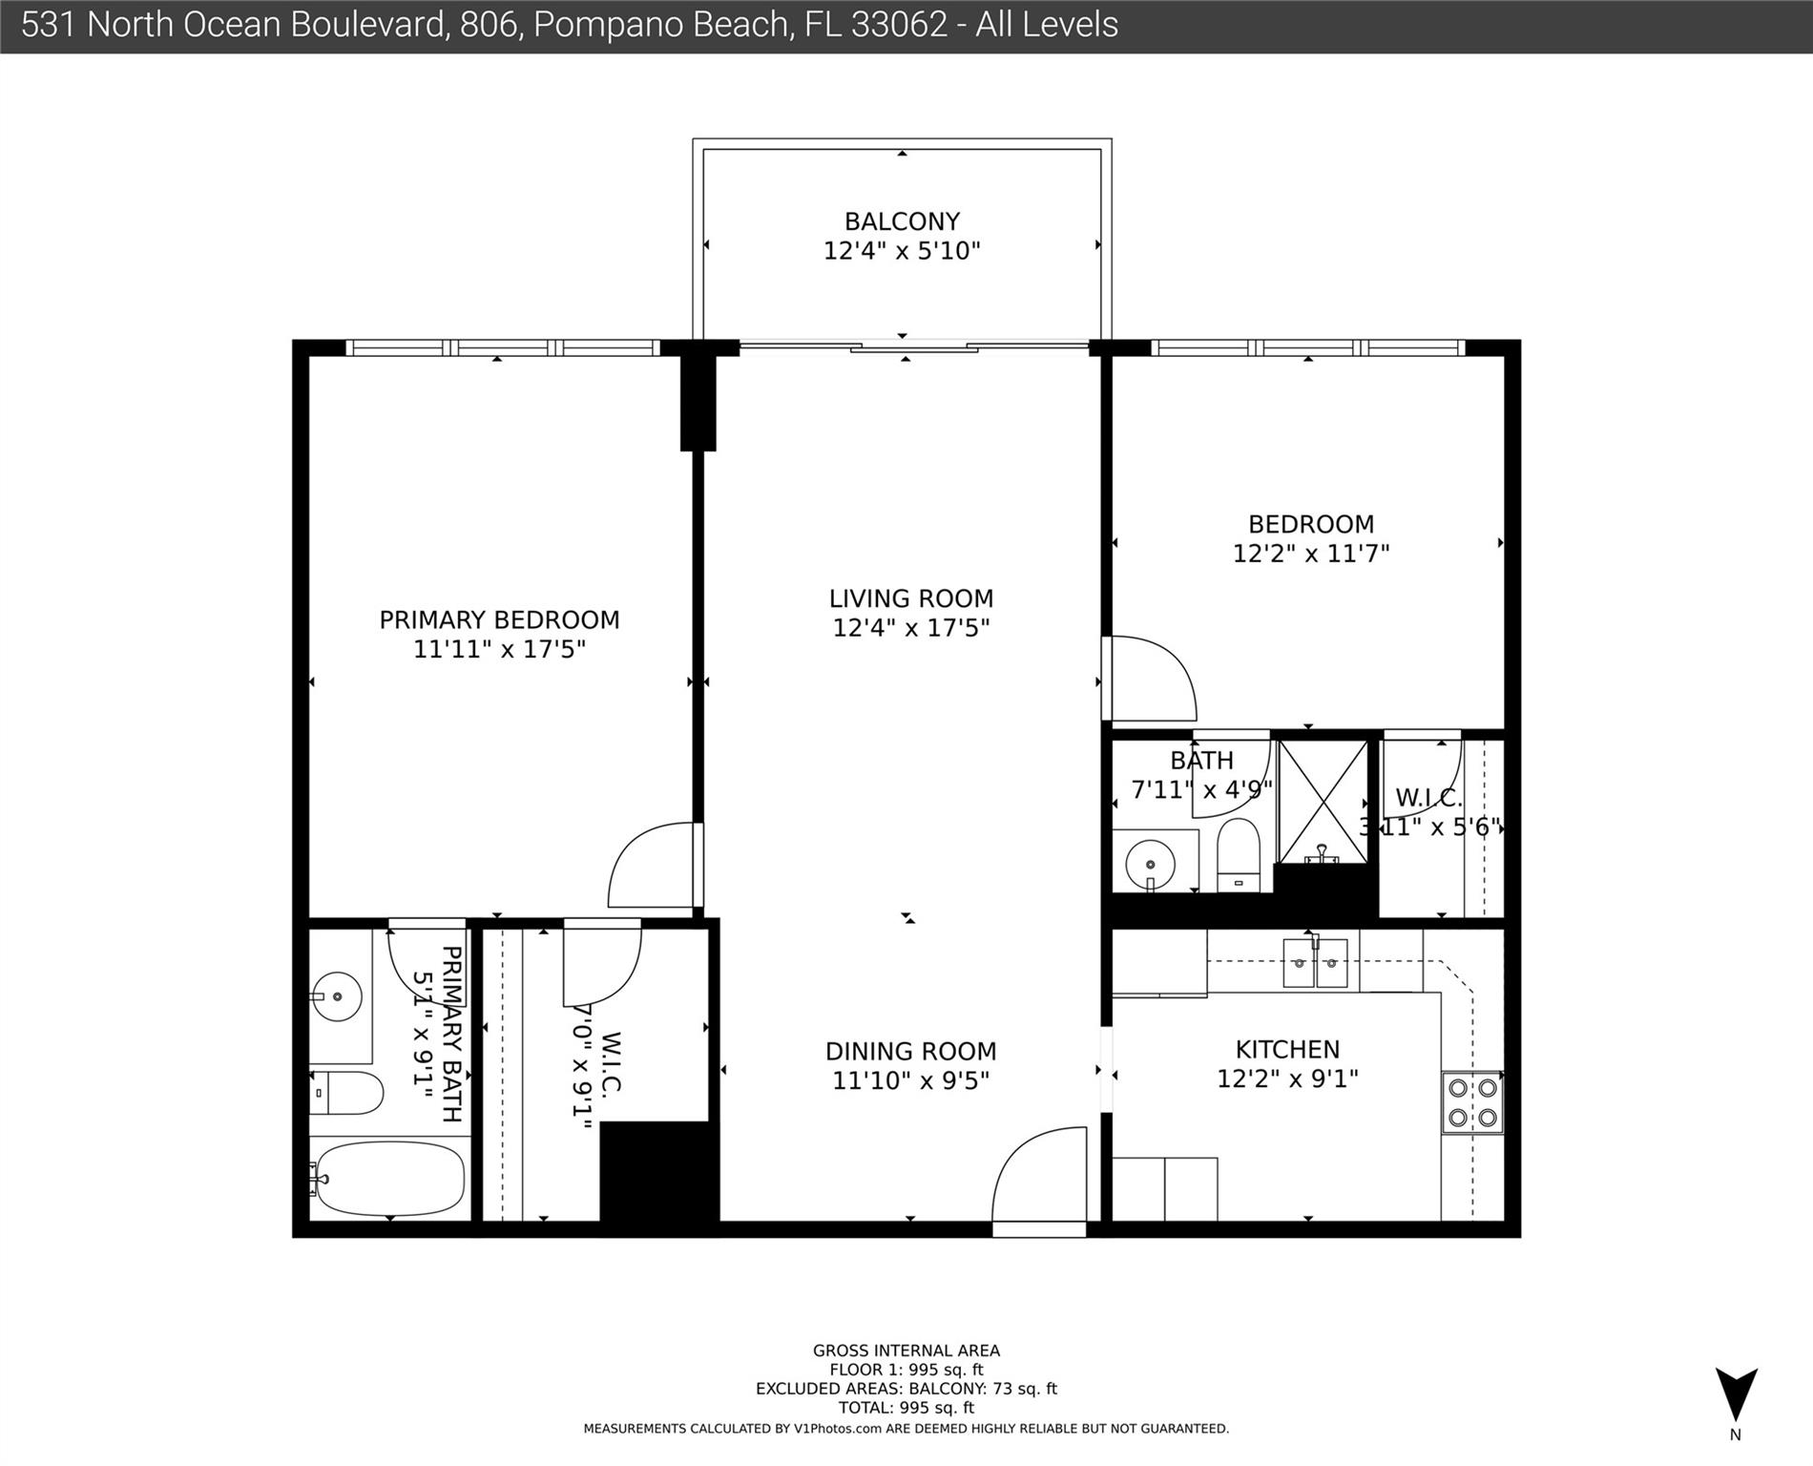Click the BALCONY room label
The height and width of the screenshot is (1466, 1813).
[x=902, y=221]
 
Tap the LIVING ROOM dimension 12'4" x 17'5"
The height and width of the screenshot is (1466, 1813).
[x=911, y=628]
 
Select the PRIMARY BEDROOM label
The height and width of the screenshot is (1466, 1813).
[x=499, y=620]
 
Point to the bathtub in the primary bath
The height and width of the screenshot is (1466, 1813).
[x=389, y=1178]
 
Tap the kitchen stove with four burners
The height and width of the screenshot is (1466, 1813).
[x=1472, y=1102]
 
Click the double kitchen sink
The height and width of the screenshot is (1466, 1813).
[x=1315, y=963]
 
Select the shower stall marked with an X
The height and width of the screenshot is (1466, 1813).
[x=1323, y=802]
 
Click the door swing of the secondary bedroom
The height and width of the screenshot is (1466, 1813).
[x=1151, y=679]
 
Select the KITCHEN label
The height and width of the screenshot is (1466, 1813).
[x=1287, y=1050]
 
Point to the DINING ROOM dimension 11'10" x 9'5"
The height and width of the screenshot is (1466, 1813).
[x=911, y=1080]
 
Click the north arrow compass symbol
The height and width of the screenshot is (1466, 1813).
[x=1736, y=1394]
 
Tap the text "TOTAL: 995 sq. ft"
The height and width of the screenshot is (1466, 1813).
[x=906, y=1408]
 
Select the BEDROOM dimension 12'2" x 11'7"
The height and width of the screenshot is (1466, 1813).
[x=1311, y=554]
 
